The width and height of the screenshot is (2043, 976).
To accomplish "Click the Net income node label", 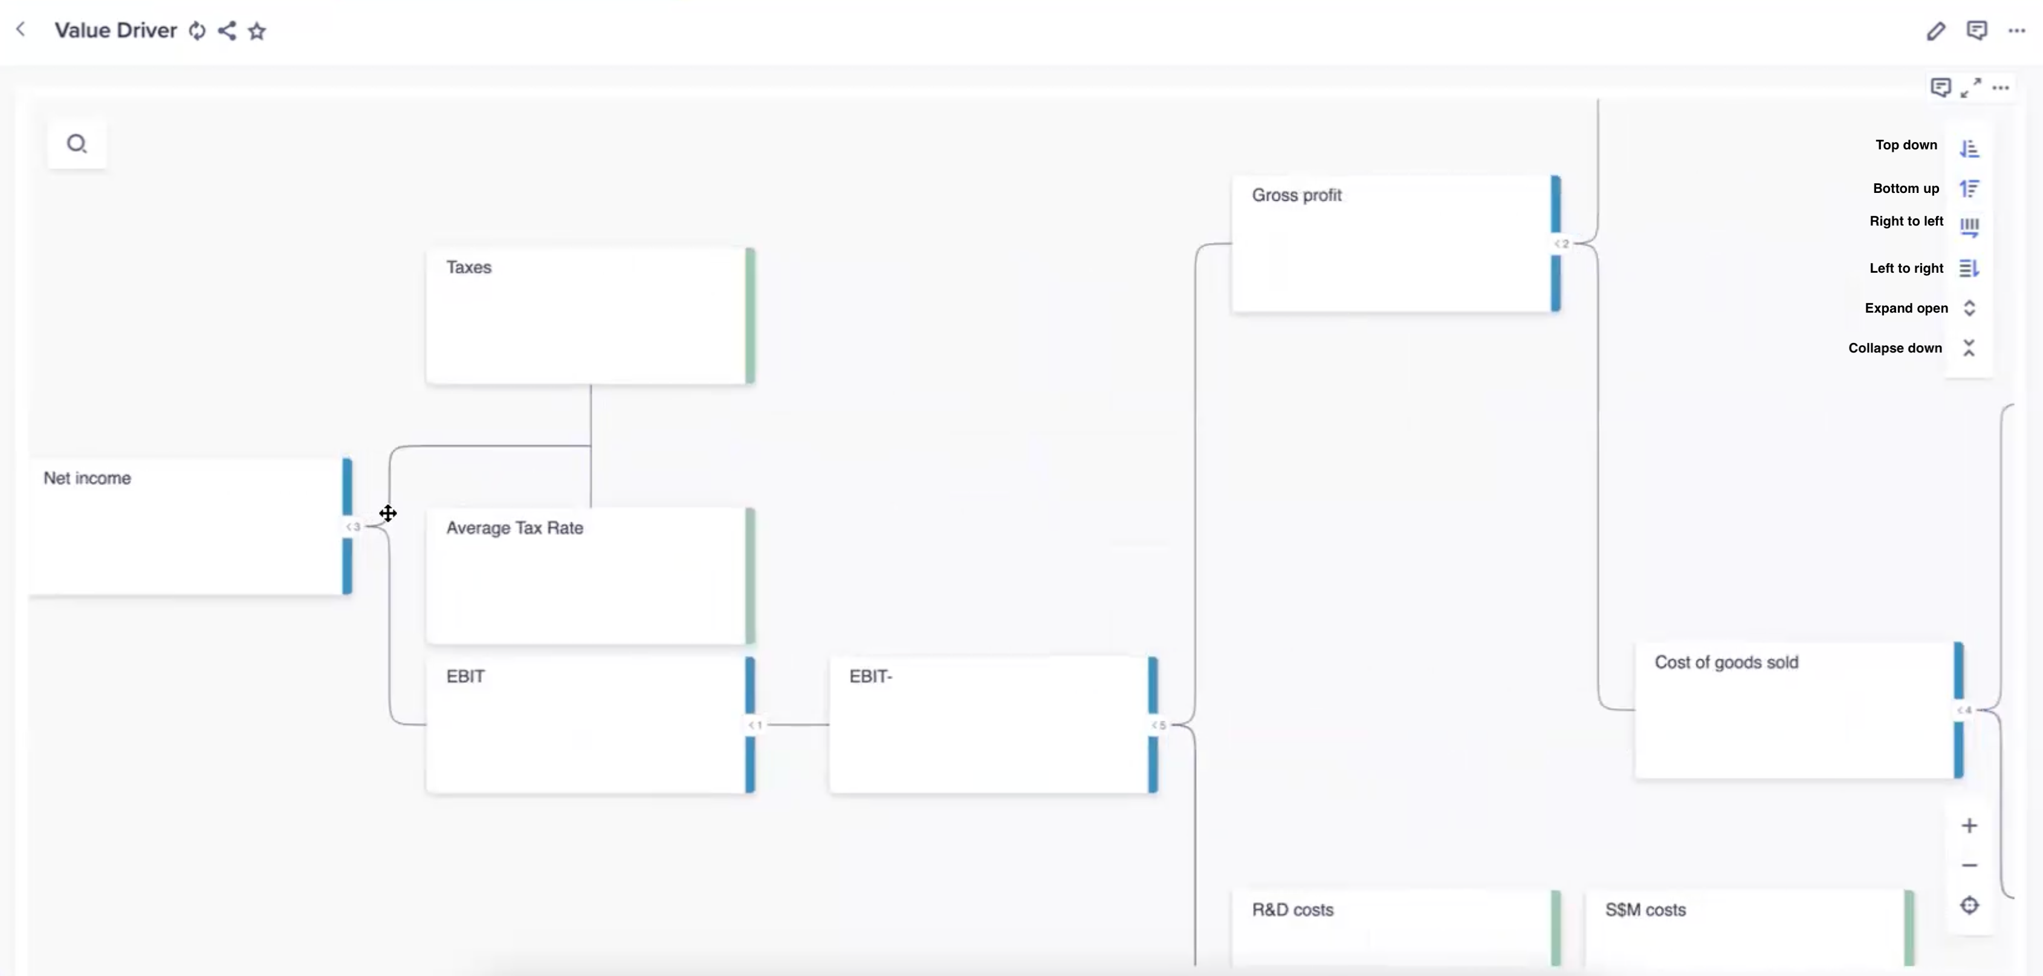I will (x=87, y=478).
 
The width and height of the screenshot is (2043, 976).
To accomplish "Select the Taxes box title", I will (x=468, y=267).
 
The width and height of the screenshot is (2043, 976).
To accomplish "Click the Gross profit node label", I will (x=1297, y=195).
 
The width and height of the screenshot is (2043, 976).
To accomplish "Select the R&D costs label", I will (x=1293, y=910).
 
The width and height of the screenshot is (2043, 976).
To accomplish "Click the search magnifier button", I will (x=77, y=144).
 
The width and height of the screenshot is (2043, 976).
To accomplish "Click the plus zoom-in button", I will (x=1969, y=826).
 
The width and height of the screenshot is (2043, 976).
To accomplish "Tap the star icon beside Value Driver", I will (x=257, y=31).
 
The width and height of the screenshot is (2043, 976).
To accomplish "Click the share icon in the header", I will (x=227, y=31).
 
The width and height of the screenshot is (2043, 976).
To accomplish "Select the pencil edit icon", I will (x=1935, y=31).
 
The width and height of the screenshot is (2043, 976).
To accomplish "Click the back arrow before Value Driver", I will (x=21, y=30).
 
